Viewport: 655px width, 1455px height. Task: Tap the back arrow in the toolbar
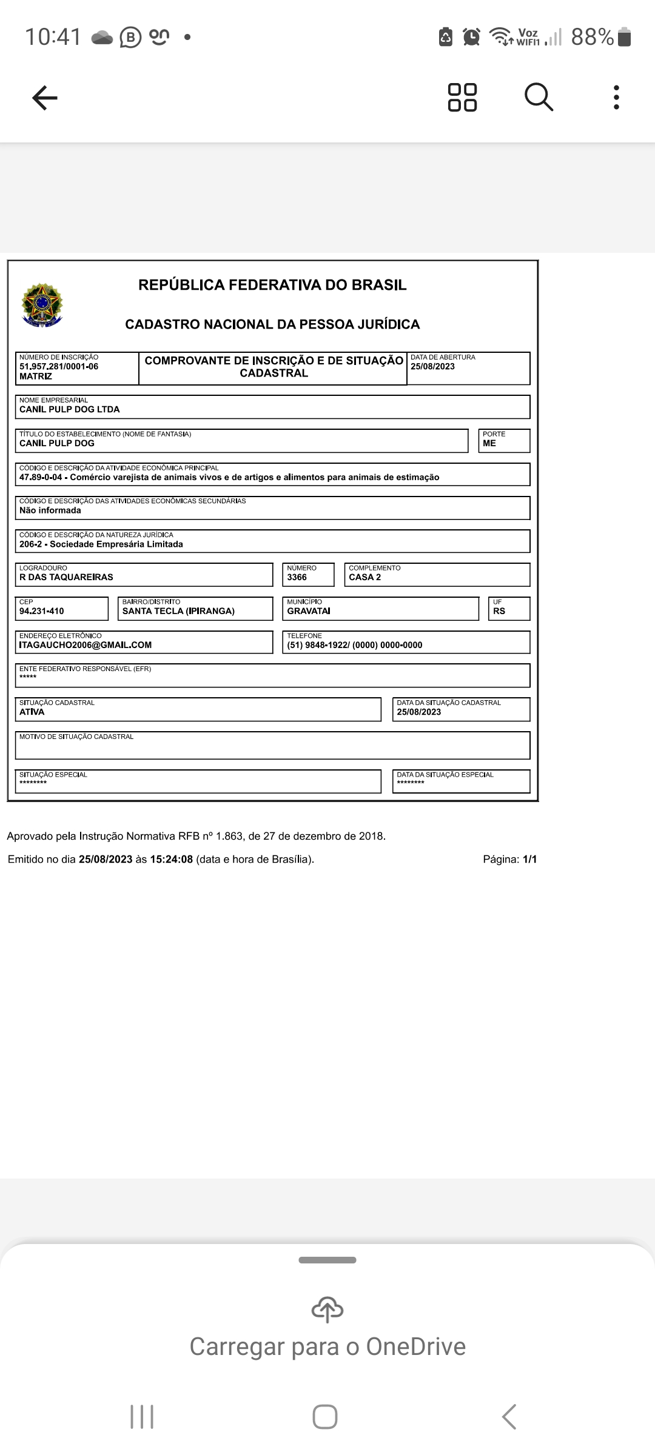click(x=44, y=98)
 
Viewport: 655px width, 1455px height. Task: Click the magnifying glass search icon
click(x=539, y=97)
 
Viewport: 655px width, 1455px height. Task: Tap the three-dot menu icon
click(x=616, y=97)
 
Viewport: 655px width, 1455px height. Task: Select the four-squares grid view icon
click(x=462, y=97)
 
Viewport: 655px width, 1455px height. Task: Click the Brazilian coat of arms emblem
click(x=41, y=304)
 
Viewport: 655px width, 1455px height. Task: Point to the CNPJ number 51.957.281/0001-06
click(x=59, y=367)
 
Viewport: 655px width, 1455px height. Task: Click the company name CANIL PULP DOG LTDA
click(x=70, y=409)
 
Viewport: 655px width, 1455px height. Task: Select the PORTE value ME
click(x=489, y=443)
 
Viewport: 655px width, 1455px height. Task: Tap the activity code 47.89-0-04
click(x=41, y=477)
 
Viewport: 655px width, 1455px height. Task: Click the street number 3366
click(x=297, y=577)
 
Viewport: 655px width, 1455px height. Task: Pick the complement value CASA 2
click(x=365, y=577)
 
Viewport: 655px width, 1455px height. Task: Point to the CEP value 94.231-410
click(x=42, y=611)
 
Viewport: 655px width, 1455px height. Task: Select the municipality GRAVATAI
click(x=309, y=611)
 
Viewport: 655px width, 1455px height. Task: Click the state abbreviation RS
click(x=499, y=611)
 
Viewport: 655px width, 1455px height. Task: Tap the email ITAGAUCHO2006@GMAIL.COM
click(x=86, y=645)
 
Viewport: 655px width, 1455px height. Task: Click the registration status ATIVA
click(x=32, y=712)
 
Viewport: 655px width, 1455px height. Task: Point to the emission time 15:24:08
click(x=172, y=859)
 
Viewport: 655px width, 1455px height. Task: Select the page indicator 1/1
click(x=530, y=859)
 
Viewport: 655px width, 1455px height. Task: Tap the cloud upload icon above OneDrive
click(x=327, y=1309)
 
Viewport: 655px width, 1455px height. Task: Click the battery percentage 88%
click(x=593, y=38)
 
